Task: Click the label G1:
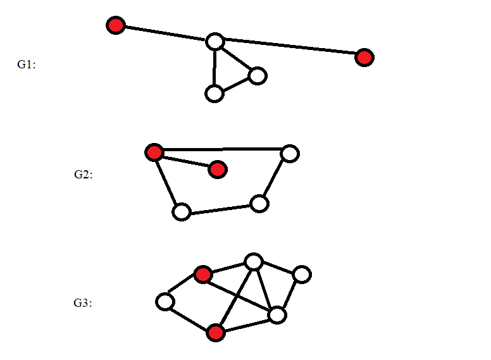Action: pos(26,65)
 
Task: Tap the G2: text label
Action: pos(83,175)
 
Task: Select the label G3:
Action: pos(83,303)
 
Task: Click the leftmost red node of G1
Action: pos(116,25)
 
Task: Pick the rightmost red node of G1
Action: pos(364,58)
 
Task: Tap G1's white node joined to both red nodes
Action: pos(215,42)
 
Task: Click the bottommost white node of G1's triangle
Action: pos(214,94)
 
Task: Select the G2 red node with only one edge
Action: pos(217,169)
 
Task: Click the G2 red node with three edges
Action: pos(154,152)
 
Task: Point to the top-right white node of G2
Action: pos(289,153)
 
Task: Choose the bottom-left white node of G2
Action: pos(182,212)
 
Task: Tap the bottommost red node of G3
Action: pos(216,332)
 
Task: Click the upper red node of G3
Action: pos(202,275)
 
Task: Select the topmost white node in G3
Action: pos(254,261)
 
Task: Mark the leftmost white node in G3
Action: pos(165,302)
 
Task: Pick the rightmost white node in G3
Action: pos(302,275)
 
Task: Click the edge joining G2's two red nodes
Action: pos(185,161)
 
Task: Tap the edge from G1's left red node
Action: pos(165,34)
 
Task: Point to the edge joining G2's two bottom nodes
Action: pos(220,208)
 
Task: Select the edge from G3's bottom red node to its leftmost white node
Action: pos(190,317)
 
